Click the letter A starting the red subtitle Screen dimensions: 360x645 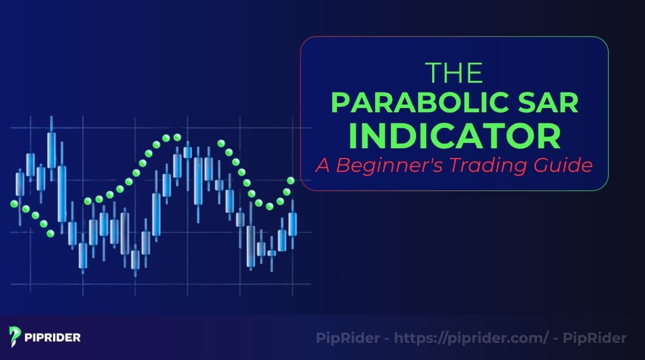(321, 165)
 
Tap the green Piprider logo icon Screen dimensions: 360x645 (15, 337)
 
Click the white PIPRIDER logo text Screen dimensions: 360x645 (53, 337)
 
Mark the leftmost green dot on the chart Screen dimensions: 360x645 (14, 204)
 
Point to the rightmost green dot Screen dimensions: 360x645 (291, 181)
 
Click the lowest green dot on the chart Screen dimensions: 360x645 (51, 233)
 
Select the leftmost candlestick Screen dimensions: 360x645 (20, 184)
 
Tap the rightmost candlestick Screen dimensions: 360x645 (292, 224)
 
